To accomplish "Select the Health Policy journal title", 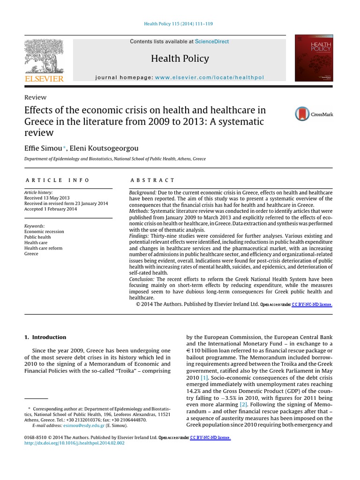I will click(x=180, y=59).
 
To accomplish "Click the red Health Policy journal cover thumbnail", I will click(x=314, y=59).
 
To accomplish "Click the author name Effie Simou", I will click(x=43, y=149).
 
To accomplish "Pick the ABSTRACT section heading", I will click(x=152, y=180).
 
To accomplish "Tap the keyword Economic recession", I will click(x=44, y=232).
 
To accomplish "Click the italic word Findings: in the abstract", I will click(x=139, y=236).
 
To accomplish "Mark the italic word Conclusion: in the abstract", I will click(x=142, y=279).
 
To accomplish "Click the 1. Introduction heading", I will click(x=45, y=337).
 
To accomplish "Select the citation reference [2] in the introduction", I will click(x=243, y=404).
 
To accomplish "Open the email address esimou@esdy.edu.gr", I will click(x=69, y=426).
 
